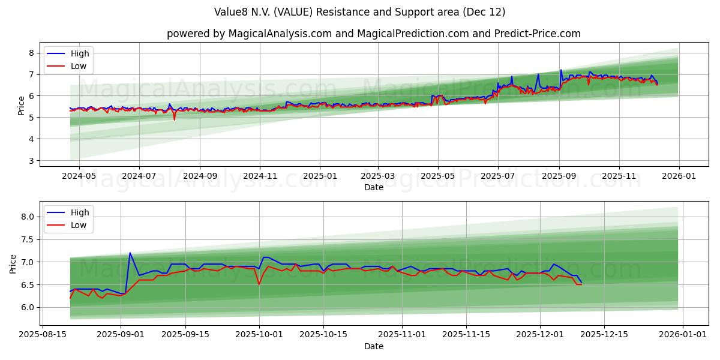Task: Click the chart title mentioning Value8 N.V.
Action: click(x=359, y=12)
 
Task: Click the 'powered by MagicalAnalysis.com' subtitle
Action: click(x=373, y=34)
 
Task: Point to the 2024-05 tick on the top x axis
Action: click(x=79, y=176)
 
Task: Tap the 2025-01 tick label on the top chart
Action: click(x=319, y=176)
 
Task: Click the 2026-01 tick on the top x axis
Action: click(x=679, y=176)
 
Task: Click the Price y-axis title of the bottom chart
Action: click(x=13, y=263)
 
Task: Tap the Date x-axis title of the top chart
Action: click(x=373, y=187)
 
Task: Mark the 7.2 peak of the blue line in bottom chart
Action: click(x=130, y=253)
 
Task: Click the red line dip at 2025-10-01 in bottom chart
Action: click(x=259, y=284)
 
